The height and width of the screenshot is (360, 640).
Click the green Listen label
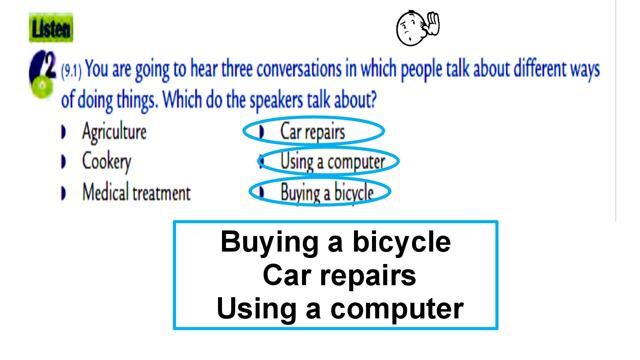[x=51, y=28]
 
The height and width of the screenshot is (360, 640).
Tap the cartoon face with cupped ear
[x=418, y=28]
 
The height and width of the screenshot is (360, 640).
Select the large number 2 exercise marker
[x=50, y=64]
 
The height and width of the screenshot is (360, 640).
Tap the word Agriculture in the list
[x=114, y=132]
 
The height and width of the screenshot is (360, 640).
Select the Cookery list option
[x=106, y=162]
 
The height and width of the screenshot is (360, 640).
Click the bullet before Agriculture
[x=64, y=132]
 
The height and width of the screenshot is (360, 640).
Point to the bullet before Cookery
[x=64, y=162]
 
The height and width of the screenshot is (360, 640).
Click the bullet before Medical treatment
[x=64, y=193]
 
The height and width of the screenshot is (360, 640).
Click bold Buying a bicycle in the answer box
[x=336, y=242]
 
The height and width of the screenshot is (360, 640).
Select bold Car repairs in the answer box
[x=339, y=276]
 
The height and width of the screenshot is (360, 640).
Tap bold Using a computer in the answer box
[x=340, y=309]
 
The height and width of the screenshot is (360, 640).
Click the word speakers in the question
[x=276, y=100]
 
